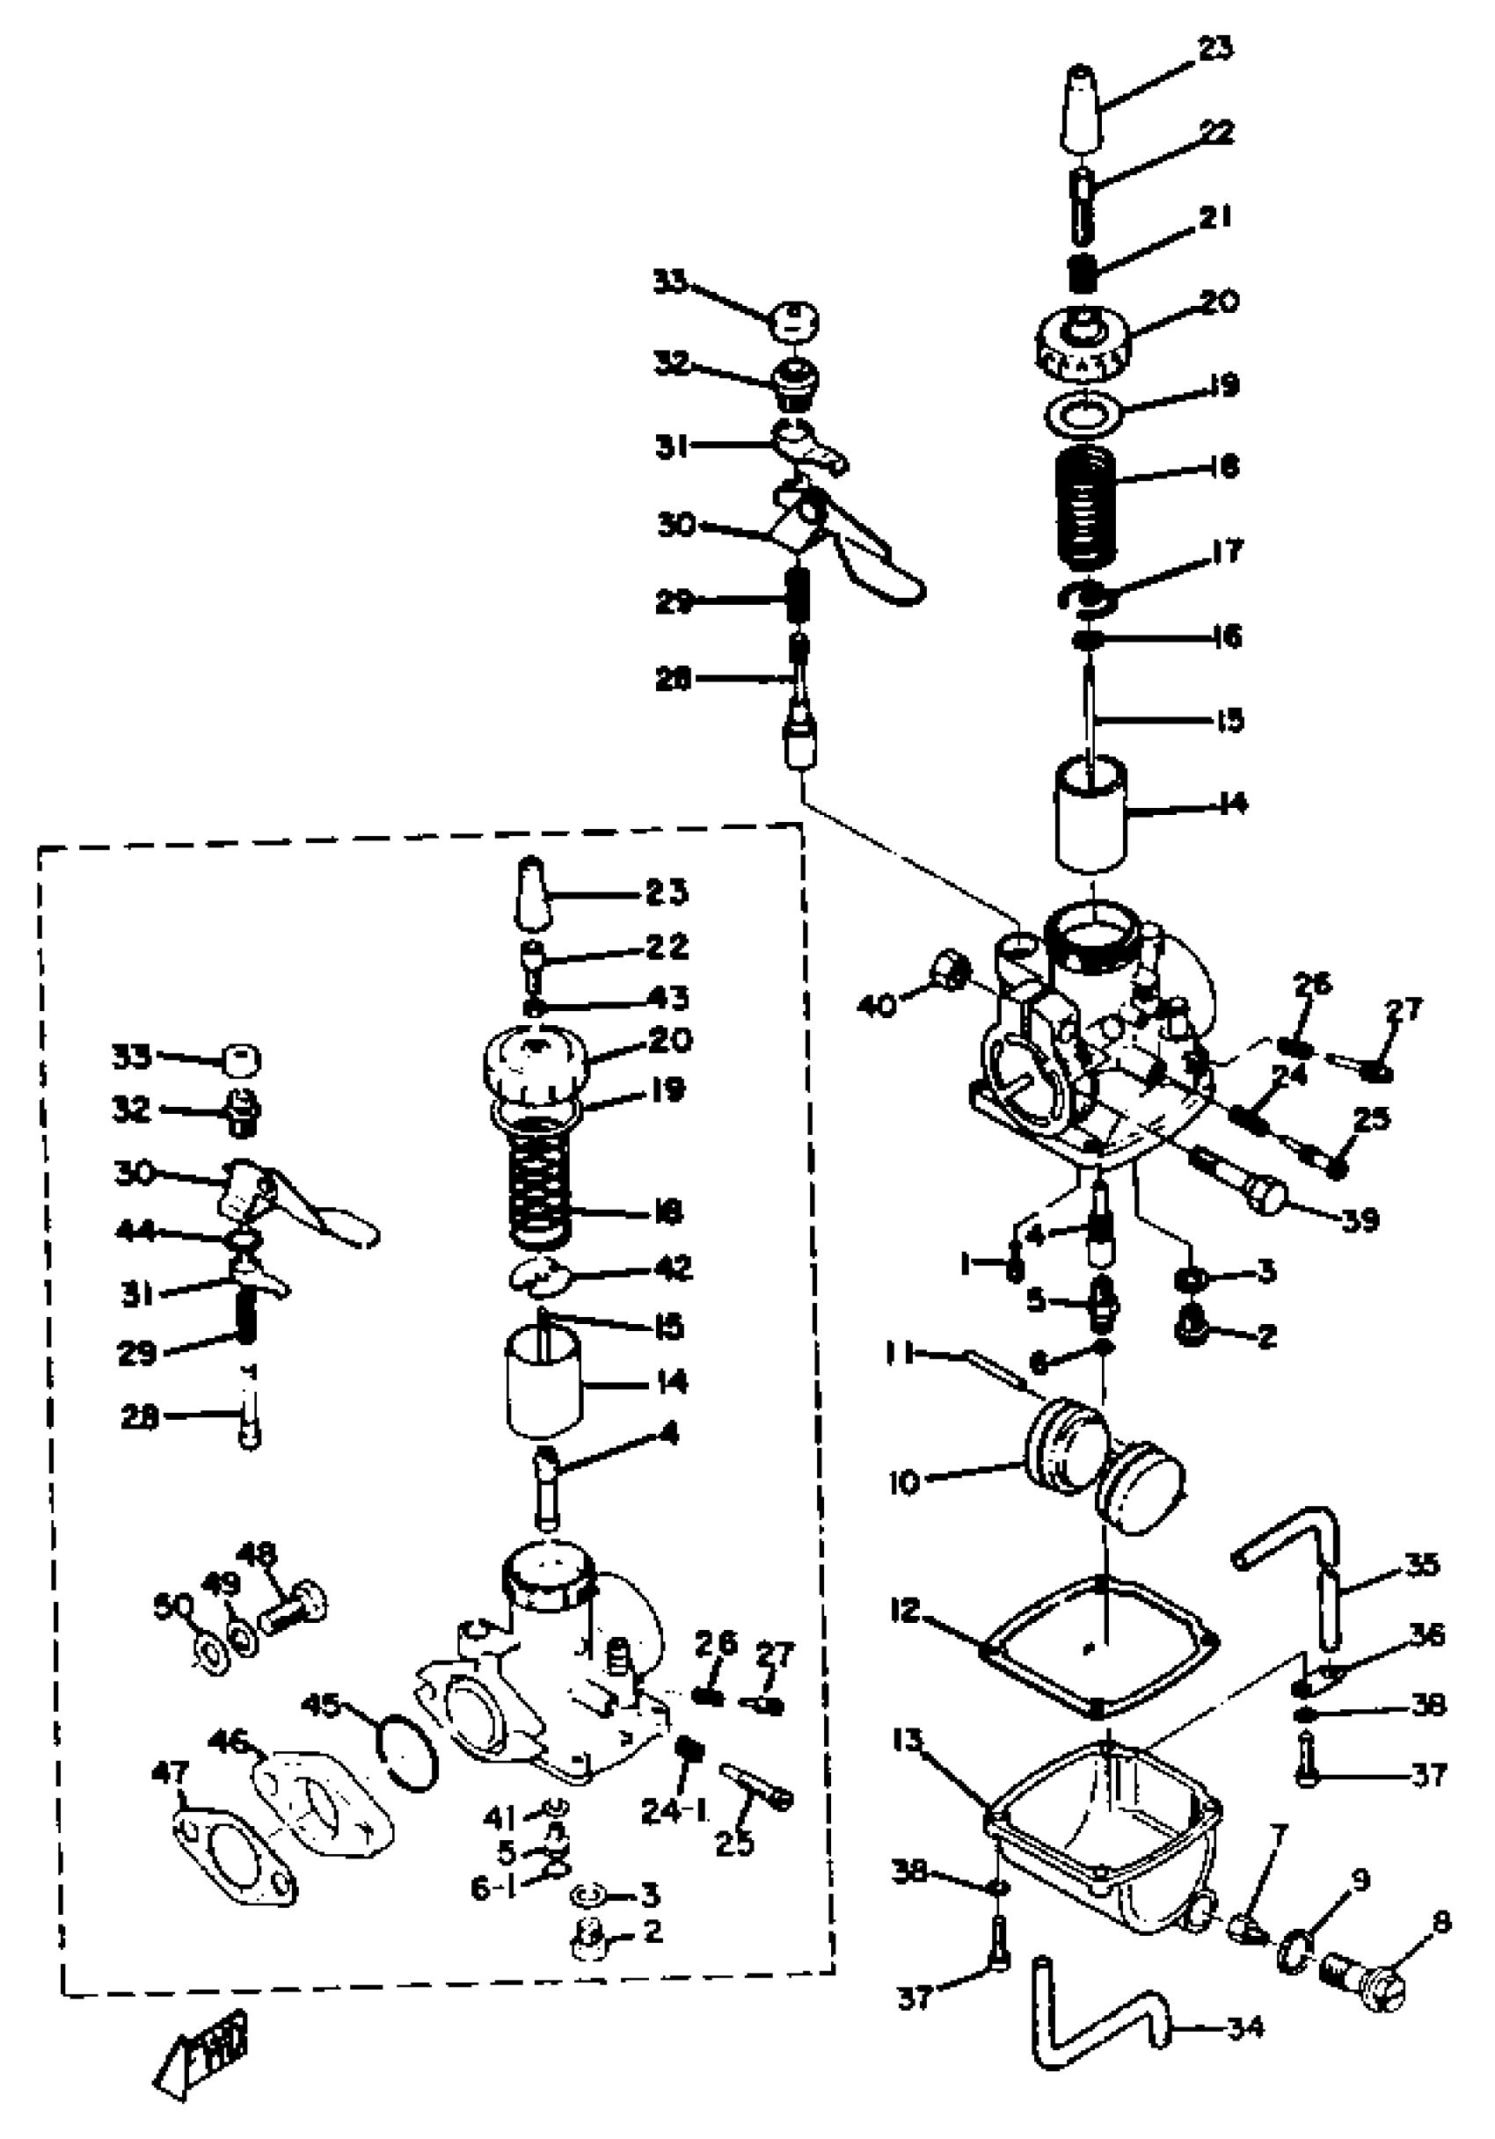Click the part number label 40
877,1005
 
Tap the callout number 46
229,1739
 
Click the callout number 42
672,1268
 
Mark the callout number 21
1215,217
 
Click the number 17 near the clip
1228,551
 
